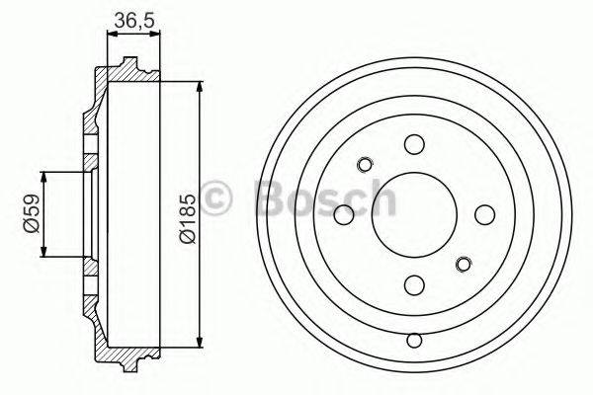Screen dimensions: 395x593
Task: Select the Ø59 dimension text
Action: (30, 213)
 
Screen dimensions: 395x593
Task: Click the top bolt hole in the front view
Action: (412, 145)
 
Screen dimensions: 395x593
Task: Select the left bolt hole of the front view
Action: (344, 214)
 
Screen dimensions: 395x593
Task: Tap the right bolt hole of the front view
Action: (482, 214)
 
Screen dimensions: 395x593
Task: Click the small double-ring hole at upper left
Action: (364, 164)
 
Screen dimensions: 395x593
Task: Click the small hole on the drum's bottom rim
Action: (413, 341)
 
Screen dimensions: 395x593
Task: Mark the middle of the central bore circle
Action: (413, 214)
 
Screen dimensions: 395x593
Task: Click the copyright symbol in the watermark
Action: (216, 198)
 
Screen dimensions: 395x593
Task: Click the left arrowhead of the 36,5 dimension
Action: (110, 34)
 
